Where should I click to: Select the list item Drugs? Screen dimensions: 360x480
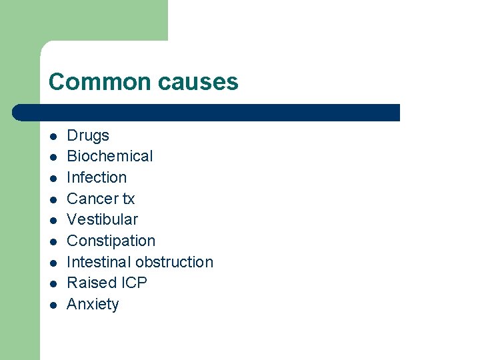[x=88, y=136]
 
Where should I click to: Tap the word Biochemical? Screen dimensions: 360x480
[x=110, y=157]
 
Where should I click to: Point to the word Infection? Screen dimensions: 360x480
[x=97, y=178]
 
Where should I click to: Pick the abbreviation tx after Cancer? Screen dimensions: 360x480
[x=127, y=199]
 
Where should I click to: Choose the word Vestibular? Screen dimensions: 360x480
[x=102, y=220]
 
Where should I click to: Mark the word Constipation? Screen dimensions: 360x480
[x=111, y=241]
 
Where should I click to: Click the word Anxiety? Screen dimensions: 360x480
[x=93, y=305]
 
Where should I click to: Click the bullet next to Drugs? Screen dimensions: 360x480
[x=52, y=137]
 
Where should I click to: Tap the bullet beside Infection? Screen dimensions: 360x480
[x=52, y=179]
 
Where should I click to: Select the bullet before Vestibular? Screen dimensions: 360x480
[x=52, y=221]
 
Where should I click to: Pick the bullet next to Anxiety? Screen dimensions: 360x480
[x=52, y=305]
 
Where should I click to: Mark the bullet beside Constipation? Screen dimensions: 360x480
[x=52, y=242]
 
